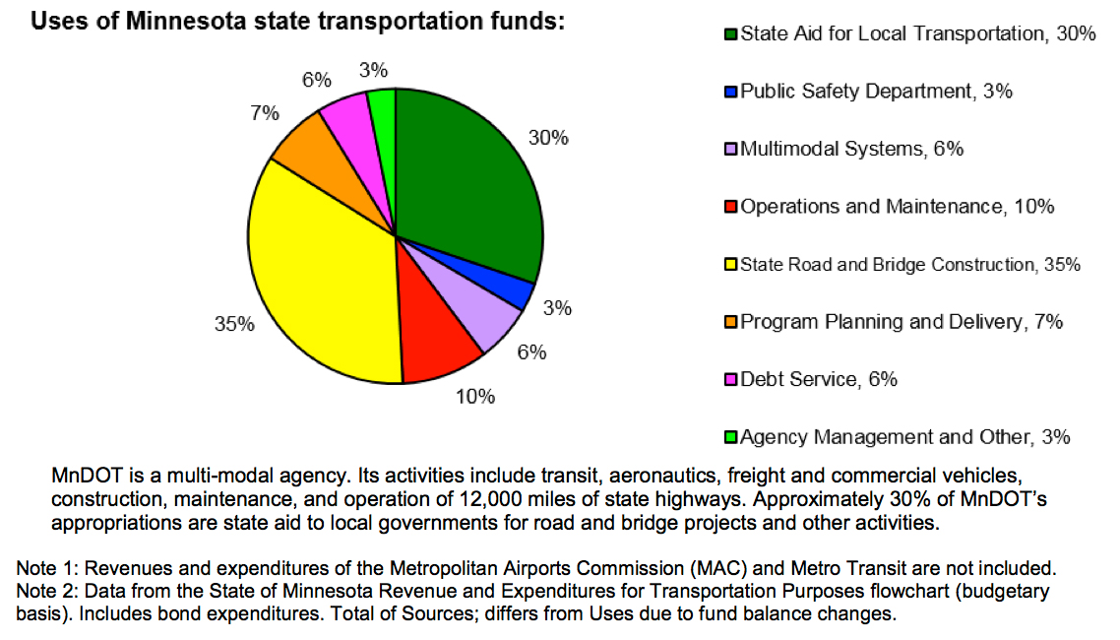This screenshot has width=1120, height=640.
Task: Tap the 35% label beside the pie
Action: click(234, 324)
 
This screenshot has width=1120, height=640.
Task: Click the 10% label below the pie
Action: click(476, 398)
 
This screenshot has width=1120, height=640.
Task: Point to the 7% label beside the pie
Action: click(264, 113)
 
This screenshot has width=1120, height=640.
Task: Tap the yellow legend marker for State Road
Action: click(730, 265)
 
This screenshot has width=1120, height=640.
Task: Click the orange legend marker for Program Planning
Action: click(730, 322)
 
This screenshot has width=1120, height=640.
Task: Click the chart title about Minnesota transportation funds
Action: click(298, 23)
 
